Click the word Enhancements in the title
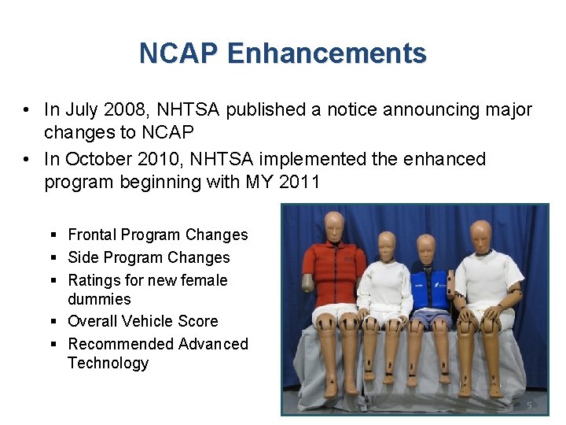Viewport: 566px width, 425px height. tap(326, 54)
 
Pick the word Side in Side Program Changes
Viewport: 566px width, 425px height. tap(83, 257)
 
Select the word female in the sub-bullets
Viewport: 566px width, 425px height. tap(204, 280)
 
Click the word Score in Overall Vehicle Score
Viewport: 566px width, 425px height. tap(199, 321)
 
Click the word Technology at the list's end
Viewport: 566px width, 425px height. tap(108, 363)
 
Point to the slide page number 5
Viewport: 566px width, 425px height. tap(529, 405)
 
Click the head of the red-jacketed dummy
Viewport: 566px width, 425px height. tap(335, 226)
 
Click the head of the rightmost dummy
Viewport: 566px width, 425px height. tap(480, 235)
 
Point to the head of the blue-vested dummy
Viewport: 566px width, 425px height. tap(426, 248)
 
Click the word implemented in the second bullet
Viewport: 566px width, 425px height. tap(317, 159)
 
